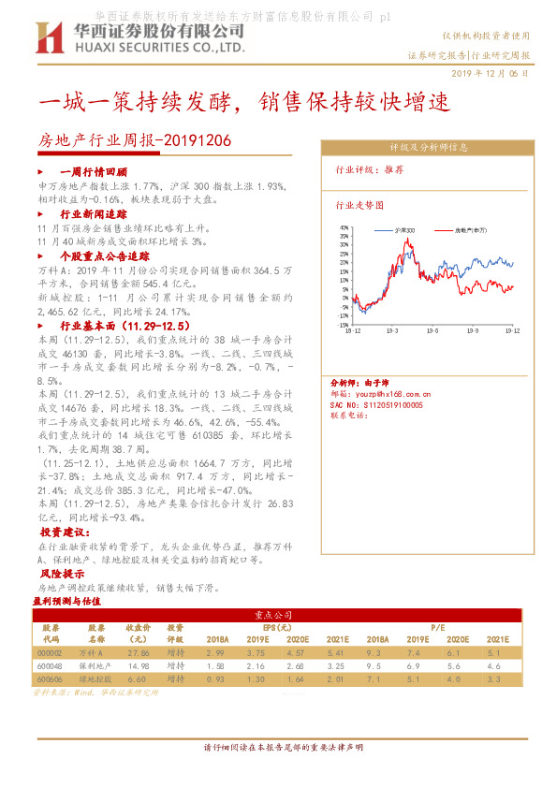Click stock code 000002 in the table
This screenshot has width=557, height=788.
[49, 652]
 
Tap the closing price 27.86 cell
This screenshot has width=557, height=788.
[139, 652]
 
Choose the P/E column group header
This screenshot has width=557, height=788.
[437, 626]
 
